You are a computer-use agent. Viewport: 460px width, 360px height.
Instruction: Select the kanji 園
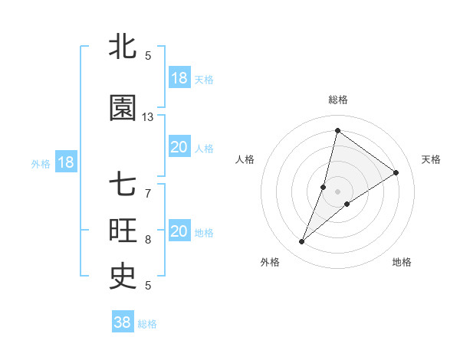pos(123,109)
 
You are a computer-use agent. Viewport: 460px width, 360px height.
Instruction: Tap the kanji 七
pos(123,185)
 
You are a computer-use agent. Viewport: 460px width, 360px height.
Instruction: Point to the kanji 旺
pos(123,231)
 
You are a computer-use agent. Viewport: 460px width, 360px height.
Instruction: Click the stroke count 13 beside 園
pos(148,117)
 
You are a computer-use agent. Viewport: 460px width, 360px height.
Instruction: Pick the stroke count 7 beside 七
pos(148,193)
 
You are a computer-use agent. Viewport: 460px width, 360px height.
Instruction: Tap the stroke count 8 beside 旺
pos(148,239)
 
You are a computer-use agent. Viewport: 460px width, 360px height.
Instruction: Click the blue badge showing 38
pos(123,322)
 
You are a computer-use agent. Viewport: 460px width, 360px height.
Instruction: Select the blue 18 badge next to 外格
pos(65,162)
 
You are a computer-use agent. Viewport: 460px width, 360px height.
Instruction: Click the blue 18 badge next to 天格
pos(179,78)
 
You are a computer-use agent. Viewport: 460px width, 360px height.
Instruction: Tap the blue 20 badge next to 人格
pos(179,147)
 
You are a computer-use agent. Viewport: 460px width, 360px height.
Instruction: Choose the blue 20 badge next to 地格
pos(179,231)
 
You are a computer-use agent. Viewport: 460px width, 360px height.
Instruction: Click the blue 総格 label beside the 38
pos(147,323)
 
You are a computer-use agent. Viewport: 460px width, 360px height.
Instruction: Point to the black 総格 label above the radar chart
pos(337,100)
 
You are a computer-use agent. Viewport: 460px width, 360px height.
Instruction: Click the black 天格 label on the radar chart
pos(431,159)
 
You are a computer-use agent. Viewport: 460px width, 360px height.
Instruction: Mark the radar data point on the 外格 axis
pos(302,242)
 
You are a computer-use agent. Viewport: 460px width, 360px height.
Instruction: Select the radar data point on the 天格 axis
pos(396,172)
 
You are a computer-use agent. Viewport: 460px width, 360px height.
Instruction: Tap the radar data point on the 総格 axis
pos(337,130)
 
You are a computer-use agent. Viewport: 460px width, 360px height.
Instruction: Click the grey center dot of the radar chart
pos(337,191)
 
